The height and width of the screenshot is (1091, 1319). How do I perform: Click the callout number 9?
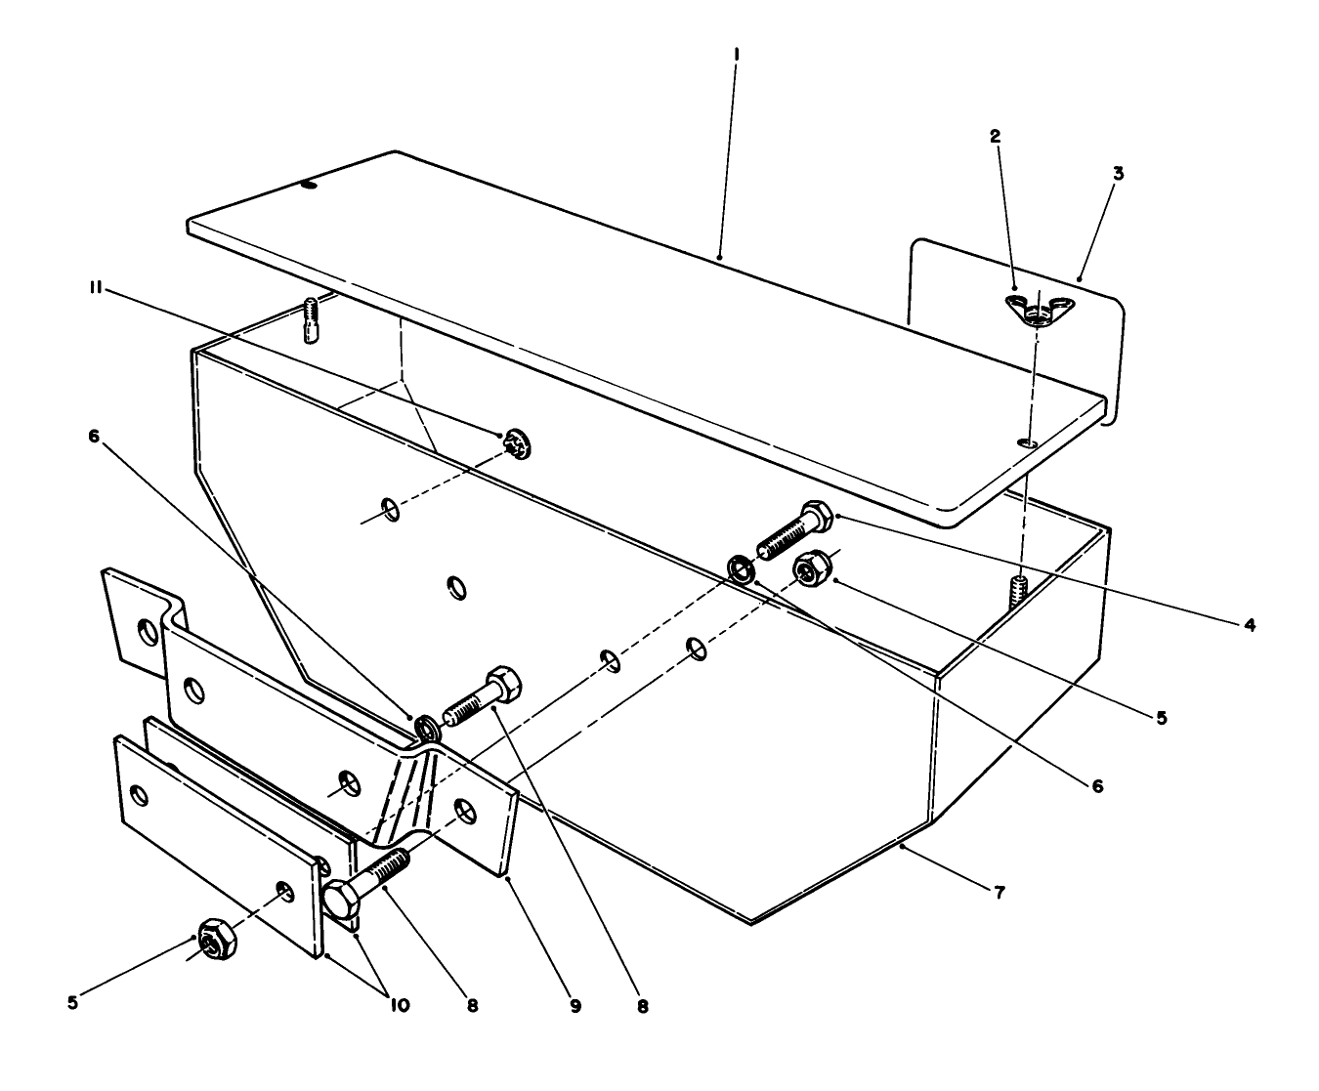(x=575, y=1005)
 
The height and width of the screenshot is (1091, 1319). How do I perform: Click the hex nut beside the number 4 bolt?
(x=811, y=568)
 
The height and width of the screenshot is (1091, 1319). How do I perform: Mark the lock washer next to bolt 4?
(x=742, y=568)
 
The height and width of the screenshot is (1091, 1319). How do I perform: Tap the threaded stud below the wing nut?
(x=1020, y=590)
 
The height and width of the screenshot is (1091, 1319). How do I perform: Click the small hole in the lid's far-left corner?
(x=310, y=184)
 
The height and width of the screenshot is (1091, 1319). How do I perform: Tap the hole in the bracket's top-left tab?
(x=147, y=633)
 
